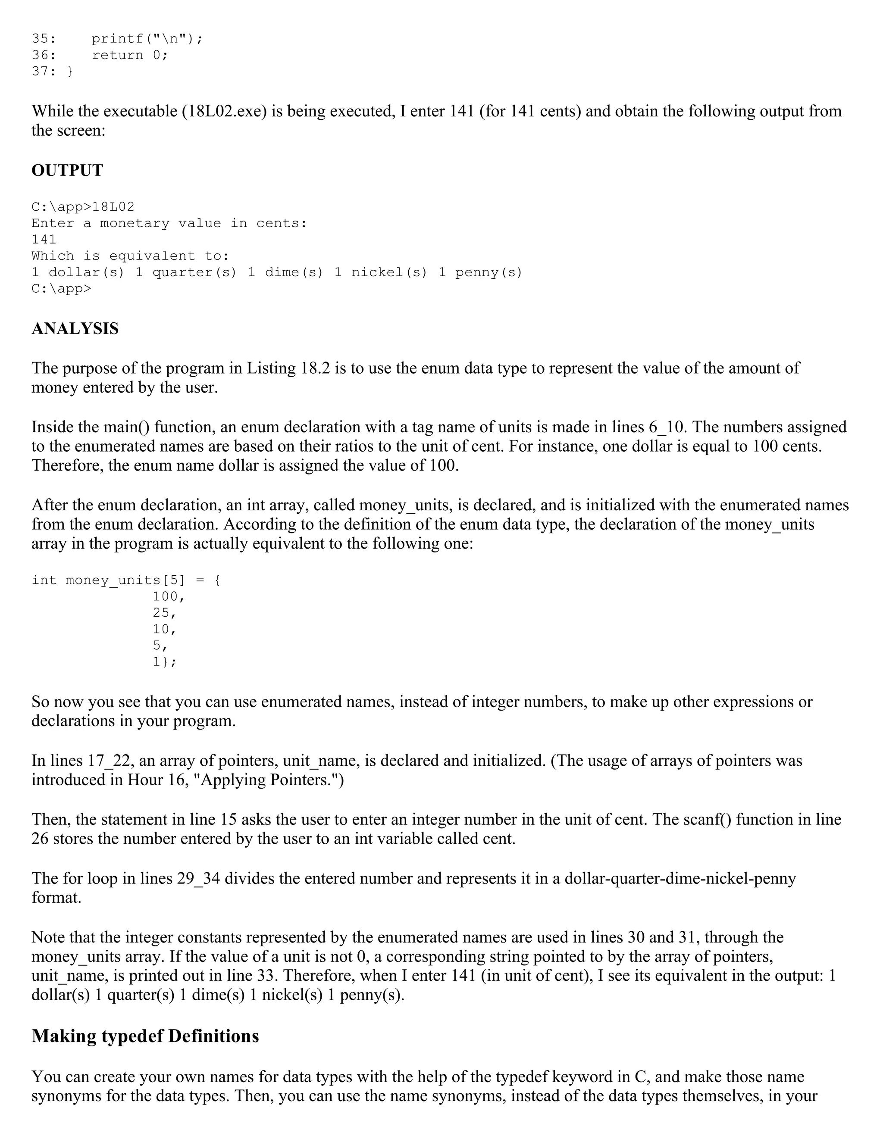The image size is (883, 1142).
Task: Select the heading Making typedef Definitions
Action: (145, 1036)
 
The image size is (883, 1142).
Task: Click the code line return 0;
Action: (130, 55)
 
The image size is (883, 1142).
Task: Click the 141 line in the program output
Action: (44, 240)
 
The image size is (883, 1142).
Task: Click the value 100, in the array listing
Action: (169, 596)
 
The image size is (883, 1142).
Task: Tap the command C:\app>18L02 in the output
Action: (83, 207)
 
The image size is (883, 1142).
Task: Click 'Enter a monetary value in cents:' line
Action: (169, 223)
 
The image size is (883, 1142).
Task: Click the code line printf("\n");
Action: (147, 39)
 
